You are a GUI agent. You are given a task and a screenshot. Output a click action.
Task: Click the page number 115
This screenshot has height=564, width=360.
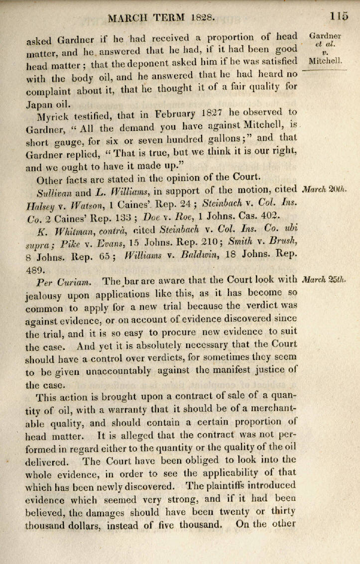click(338, 16)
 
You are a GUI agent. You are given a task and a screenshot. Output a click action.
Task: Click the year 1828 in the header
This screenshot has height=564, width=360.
click(203, 17)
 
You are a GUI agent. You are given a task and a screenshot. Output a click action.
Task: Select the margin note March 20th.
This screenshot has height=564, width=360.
click(324, 189)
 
